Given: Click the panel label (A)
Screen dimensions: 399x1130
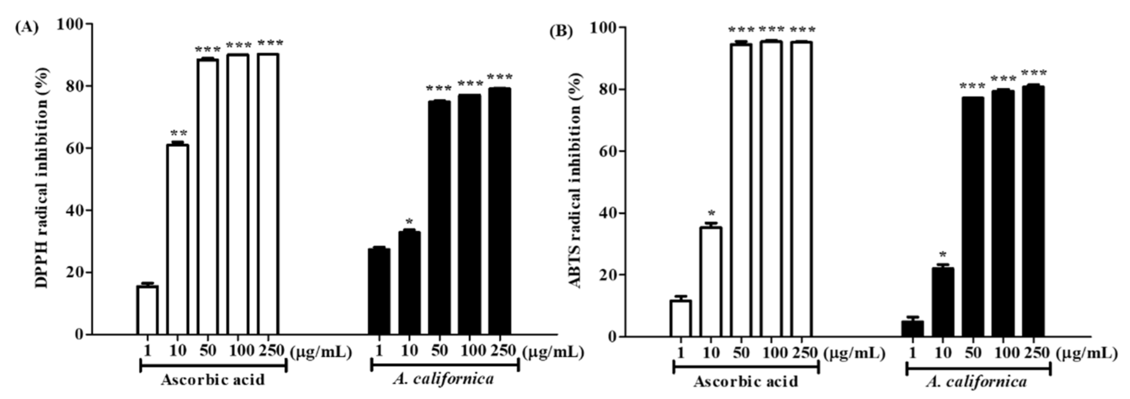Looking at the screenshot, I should [x=27, y=28].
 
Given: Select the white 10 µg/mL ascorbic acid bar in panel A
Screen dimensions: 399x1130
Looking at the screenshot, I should [x=178, y=239].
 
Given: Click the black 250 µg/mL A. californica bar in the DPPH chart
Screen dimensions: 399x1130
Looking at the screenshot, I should [x=500, y=211].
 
